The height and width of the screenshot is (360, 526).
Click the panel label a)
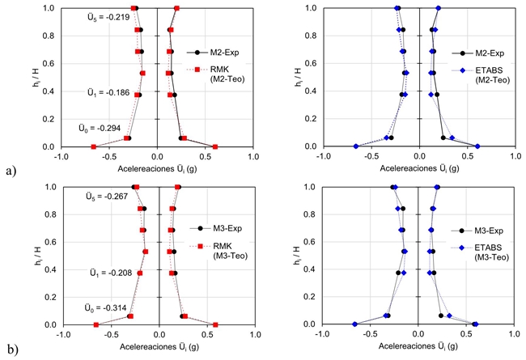[10, 171]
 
